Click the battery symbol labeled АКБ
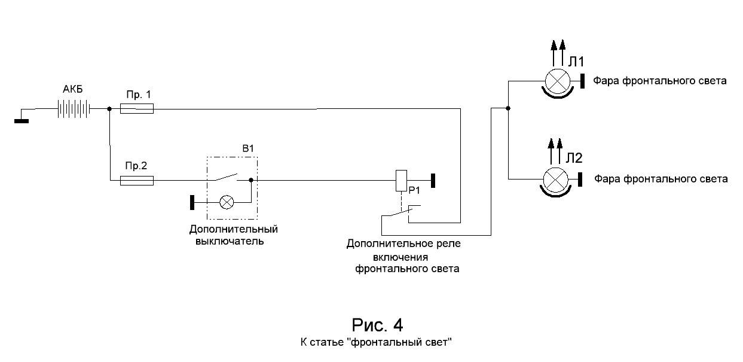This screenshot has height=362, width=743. (x=75, y=109)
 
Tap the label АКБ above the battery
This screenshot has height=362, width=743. (x=74, y=90)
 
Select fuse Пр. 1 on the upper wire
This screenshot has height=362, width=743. (x=137, y=109)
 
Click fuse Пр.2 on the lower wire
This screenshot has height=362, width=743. (x=137, y=180)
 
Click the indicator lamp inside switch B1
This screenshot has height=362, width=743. (x=227, y=202)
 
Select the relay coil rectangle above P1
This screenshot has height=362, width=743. (x=402, y=180)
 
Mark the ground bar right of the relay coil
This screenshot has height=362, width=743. (x=432, y=179)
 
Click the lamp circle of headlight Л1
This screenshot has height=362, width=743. (x=557, y=80)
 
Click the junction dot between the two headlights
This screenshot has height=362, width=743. (x=507, y=108)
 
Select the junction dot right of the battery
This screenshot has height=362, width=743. (x=109, y=109)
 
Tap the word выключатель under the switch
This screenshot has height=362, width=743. (x=230, y=242)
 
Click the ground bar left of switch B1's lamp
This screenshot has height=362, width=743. (x=192, y=202)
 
